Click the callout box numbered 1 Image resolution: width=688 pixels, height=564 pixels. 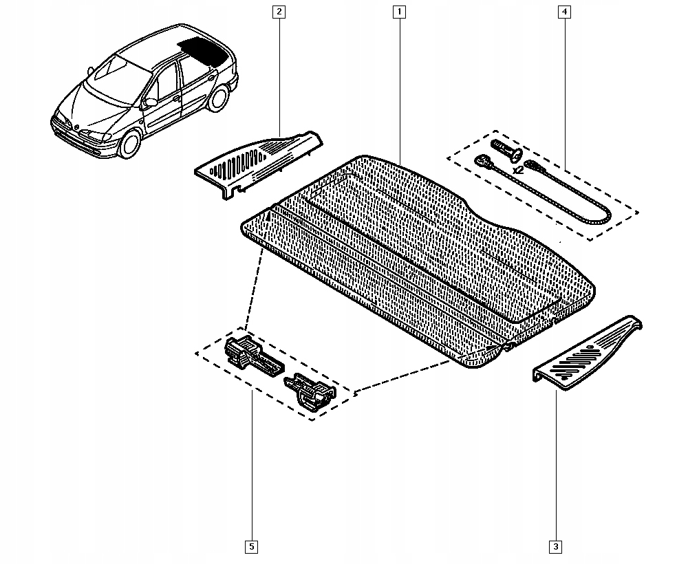point(399,12)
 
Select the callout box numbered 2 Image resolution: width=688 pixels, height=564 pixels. point(279,12)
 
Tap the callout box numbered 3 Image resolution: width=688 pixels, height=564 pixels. point(555,547)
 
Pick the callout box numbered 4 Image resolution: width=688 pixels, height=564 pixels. point(564,12)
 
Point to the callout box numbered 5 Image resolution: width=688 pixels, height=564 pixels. point(251,547)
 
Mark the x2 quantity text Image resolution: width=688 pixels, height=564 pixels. point(517,168)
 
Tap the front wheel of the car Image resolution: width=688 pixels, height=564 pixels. point(129,144)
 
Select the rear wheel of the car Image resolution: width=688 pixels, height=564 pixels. point(219,98)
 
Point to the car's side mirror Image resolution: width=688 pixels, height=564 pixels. point(150,102)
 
